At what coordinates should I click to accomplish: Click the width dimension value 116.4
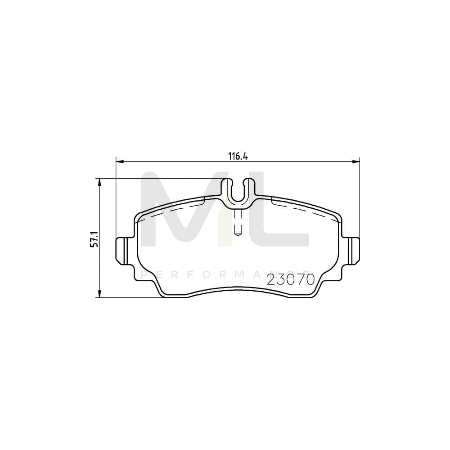pyautogui.click(x=238, y=156)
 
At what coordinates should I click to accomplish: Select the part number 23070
pyautogui.click(x=290, y=280)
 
